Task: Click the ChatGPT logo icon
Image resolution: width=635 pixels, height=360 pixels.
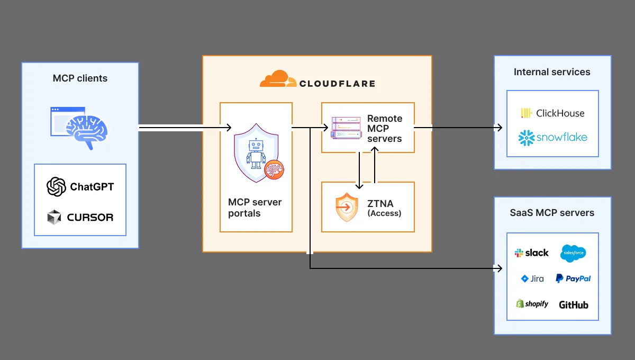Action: tap(56, 186)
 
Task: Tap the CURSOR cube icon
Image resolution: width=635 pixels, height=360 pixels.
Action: tap(55, 217)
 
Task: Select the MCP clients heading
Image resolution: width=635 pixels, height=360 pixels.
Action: tap(80, 78)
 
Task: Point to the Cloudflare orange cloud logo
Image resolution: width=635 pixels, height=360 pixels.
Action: tap(278, 79)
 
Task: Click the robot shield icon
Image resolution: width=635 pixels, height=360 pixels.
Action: tap(257, 153)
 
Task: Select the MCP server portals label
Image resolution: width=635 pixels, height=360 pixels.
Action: tap(255, 208)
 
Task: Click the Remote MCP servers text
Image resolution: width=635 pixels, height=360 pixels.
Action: tap(385, 129)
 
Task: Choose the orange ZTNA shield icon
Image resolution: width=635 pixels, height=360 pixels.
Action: tap(347, 208)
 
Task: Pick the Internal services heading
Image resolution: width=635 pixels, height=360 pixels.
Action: tap(552, 72)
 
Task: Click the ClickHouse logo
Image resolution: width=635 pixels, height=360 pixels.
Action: tap(552, 113)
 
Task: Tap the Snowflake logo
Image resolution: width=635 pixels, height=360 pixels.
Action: tap(552, 138)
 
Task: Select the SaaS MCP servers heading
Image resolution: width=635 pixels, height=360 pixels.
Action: tap(552, 213)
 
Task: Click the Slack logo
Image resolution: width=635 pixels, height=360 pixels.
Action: tap(531, 253)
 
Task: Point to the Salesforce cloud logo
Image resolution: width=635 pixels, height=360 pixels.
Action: tap(573, 253)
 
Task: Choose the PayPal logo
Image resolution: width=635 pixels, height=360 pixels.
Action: tap(573, 278)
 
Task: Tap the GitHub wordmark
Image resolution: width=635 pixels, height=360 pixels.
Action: tap(573, 305)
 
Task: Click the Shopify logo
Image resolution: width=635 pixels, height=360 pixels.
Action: tap(532, 304)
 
